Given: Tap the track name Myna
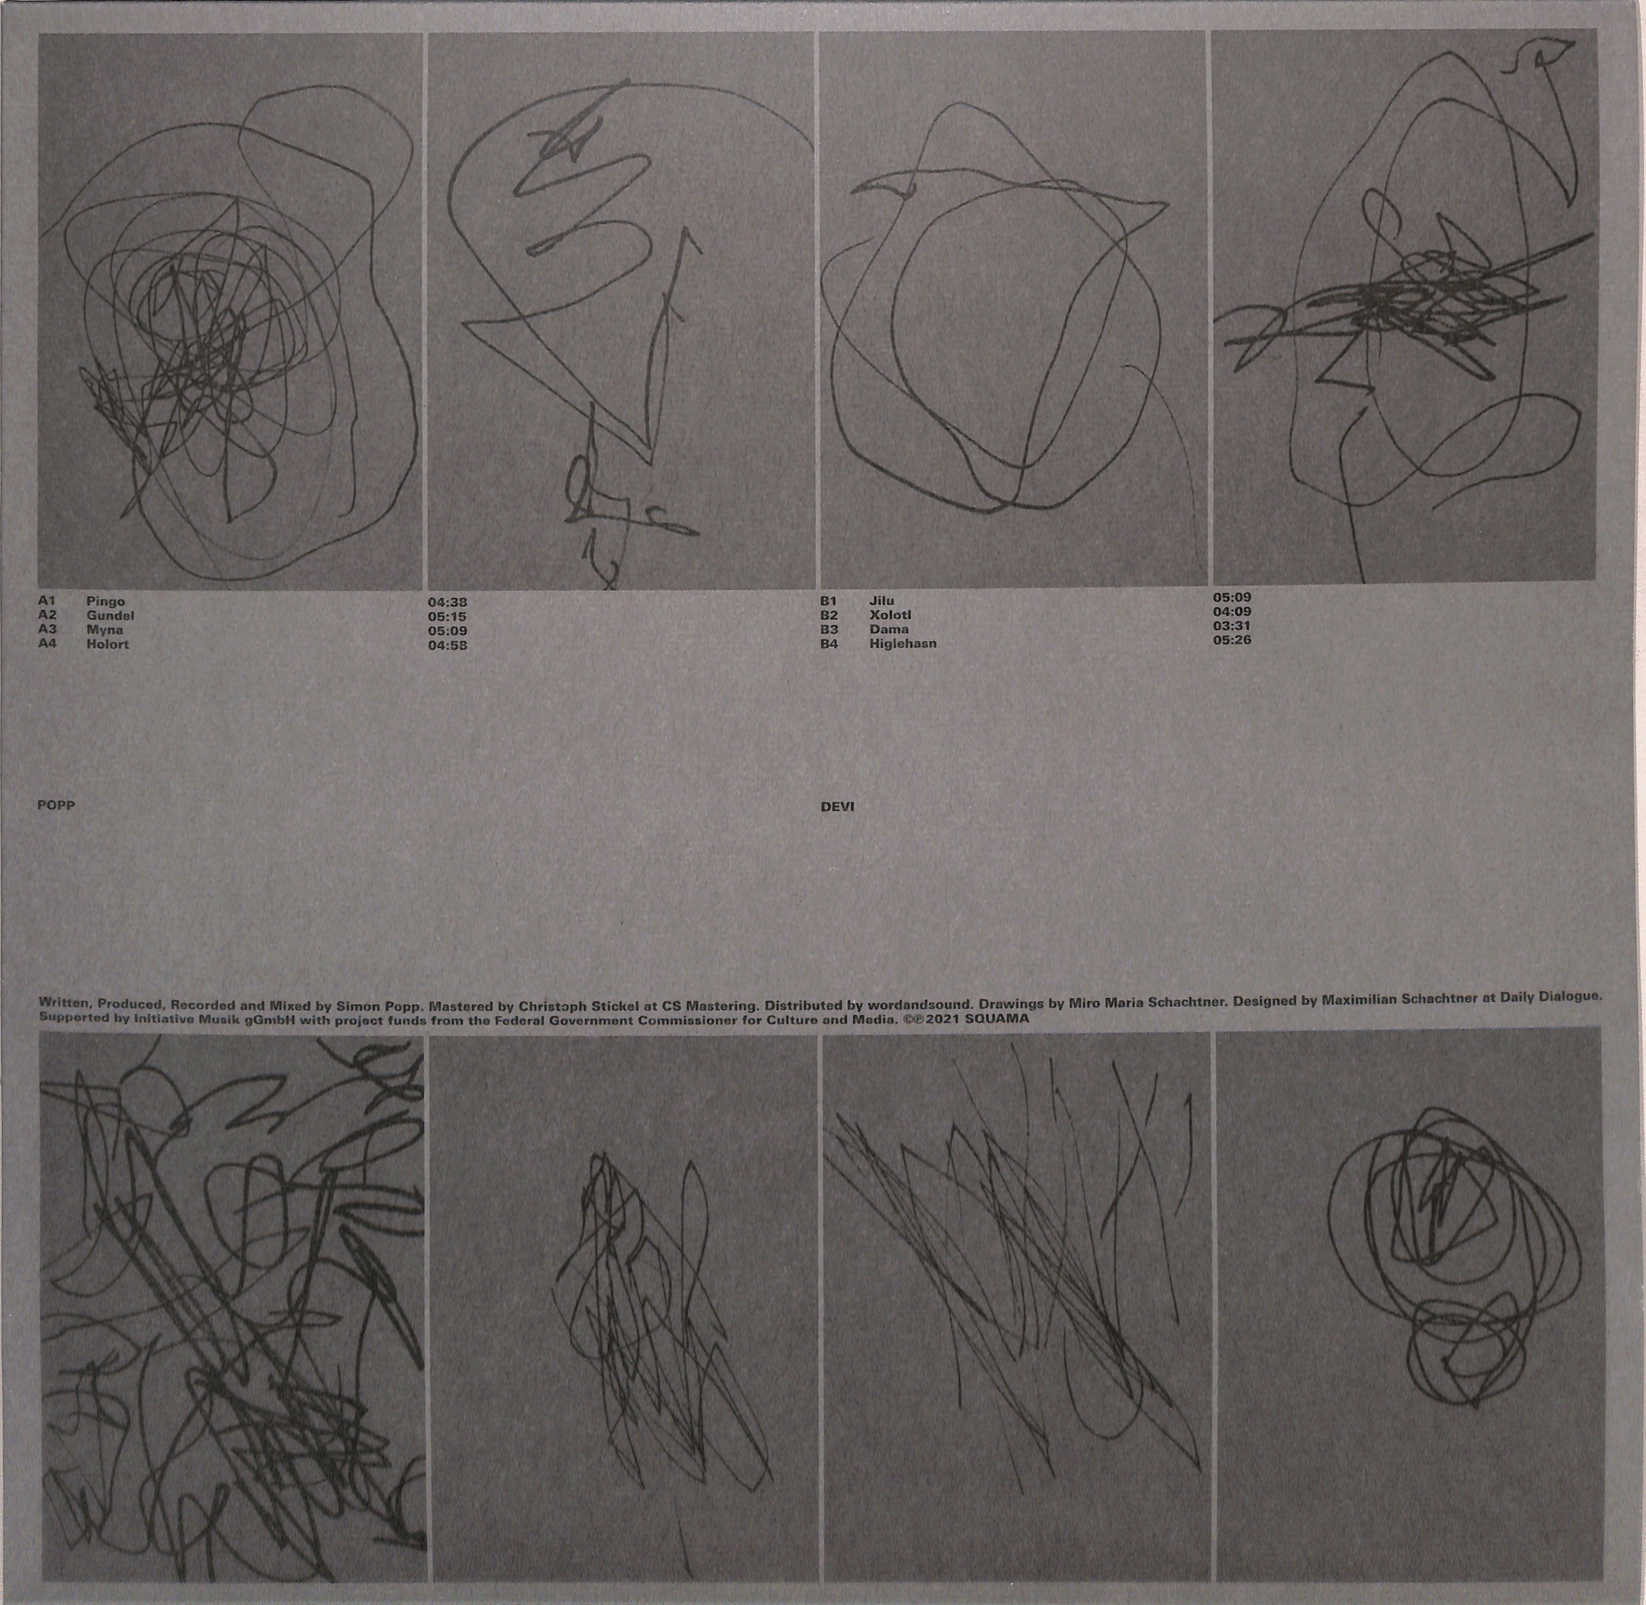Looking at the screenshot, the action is (105, 630).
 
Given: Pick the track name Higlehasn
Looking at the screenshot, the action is (903, 643).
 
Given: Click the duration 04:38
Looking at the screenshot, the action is (448, 603).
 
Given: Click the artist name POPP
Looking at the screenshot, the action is (56, 805).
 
